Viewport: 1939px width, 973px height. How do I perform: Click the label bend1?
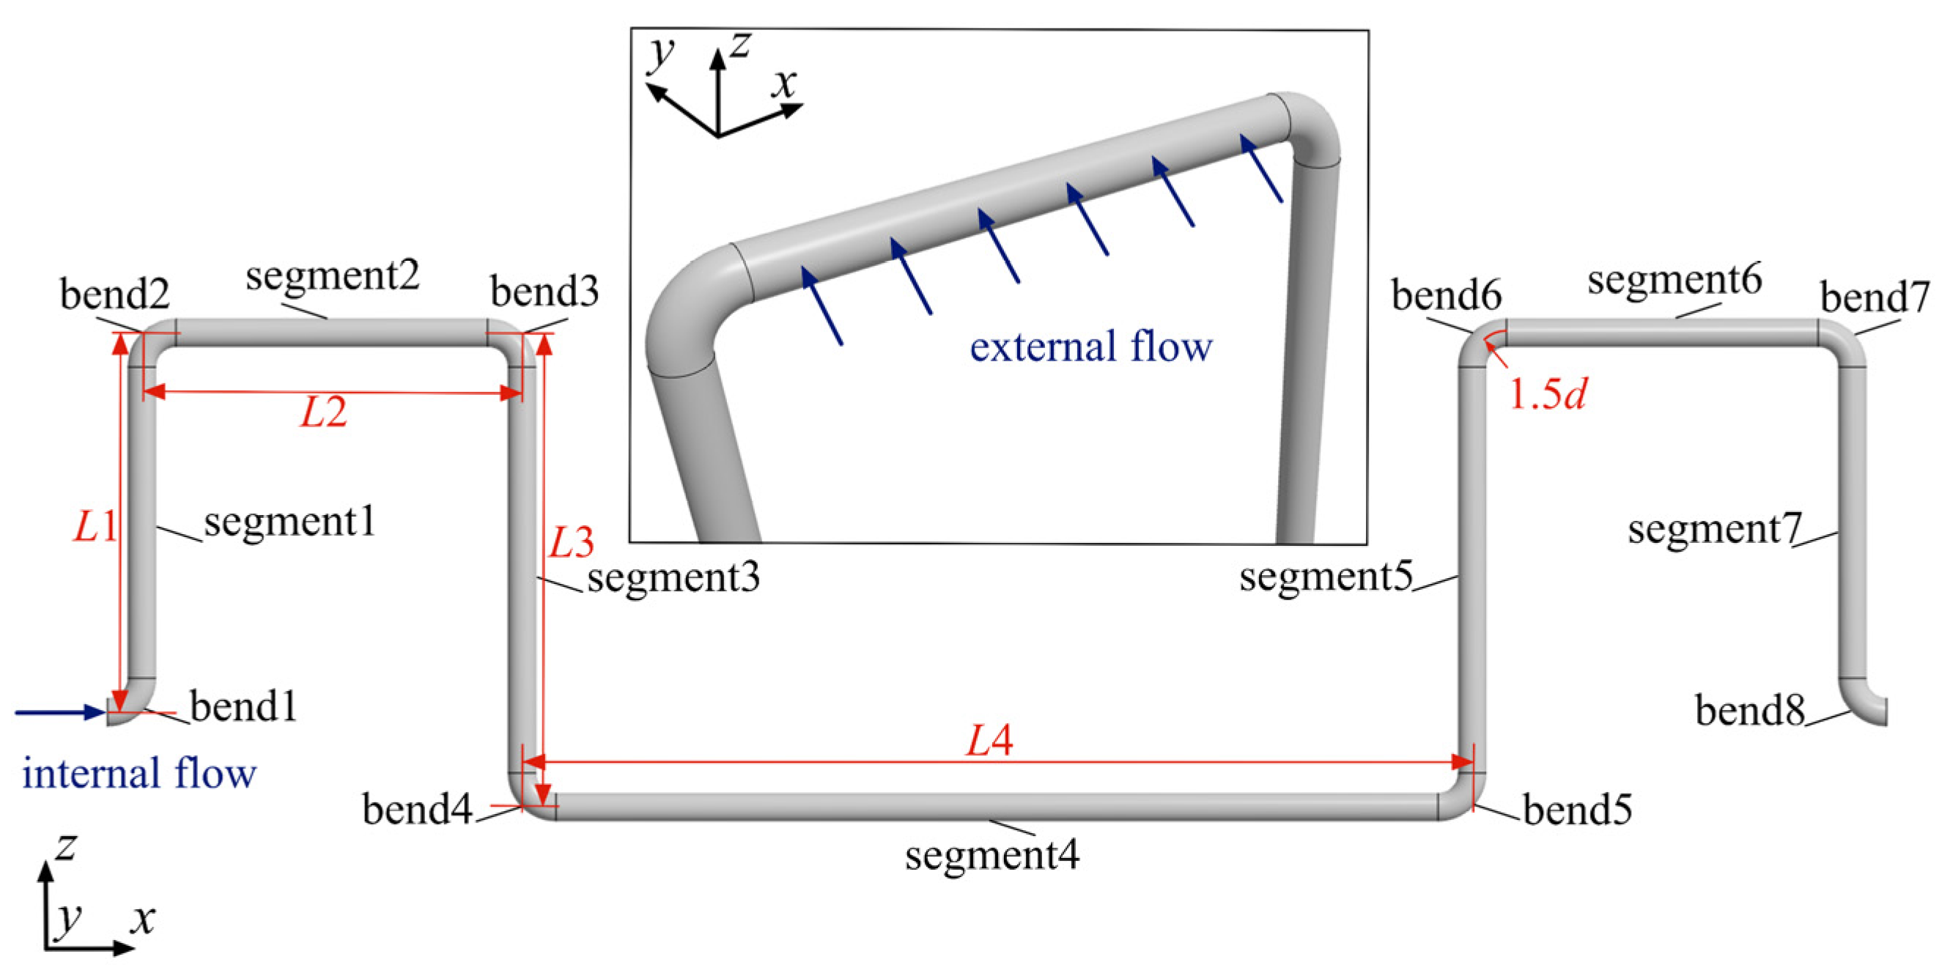pos(243,706)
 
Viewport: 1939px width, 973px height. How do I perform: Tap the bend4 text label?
pos(417,810)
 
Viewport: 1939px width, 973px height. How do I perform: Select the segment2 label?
pos(332,275)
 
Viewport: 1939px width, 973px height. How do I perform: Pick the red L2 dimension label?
pos(324,412)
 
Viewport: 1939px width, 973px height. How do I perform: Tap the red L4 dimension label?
pos(989,741)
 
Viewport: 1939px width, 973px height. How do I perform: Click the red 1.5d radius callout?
pos(1548,393)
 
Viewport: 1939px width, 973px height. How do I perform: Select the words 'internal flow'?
pos(139,774)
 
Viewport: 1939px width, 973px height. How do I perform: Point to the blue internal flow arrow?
pos(60,712)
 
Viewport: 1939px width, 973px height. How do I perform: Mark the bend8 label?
pos(1749,711)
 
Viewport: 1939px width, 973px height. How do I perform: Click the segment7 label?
pos(1714,529)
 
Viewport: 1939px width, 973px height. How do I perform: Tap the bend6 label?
pos(1446,295)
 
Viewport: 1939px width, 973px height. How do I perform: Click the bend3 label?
pos(544,291)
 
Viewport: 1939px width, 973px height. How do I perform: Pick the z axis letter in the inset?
pos(741,45)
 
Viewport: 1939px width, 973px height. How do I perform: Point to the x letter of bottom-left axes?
pos(141,919)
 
